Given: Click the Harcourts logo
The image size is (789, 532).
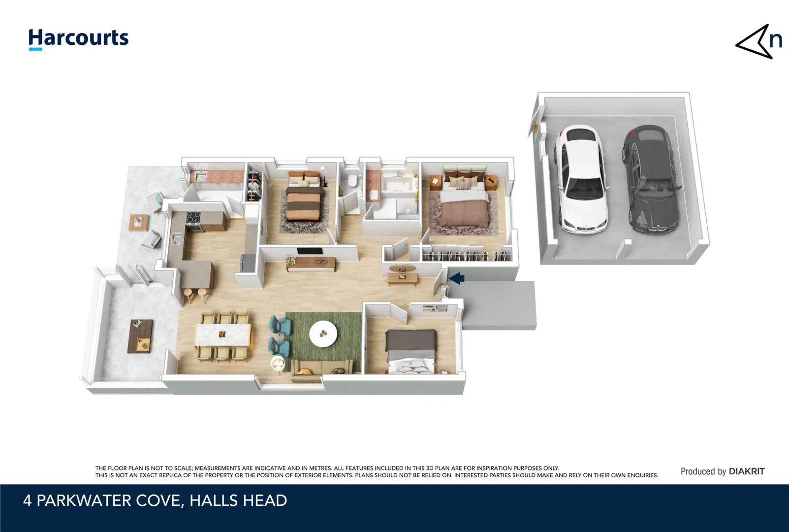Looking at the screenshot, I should (x=78, y=38).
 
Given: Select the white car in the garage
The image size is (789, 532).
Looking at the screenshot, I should (x=582, y=180).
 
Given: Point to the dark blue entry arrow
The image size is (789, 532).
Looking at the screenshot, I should (x=457, y=278).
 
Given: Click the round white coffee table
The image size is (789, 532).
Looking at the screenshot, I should (x=323, y=333).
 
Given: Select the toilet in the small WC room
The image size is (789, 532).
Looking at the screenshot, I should (x=352, y=181).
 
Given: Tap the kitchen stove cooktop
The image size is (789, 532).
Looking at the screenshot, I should (x=193, y=218).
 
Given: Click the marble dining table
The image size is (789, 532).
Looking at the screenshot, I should (x=223, y=335).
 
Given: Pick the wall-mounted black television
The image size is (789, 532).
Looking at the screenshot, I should (x=310, y=251).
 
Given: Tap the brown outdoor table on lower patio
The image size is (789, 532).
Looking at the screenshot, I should (x=140, y=336).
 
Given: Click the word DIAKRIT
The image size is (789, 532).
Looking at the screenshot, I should (x=746, y=471).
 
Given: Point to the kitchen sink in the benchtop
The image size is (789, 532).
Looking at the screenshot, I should (x=177, y=239).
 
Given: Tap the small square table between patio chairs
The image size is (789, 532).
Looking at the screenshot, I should (x=138, y=222).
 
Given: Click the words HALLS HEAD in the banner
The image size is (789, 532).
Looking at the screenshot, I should (x=238, y=500).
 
